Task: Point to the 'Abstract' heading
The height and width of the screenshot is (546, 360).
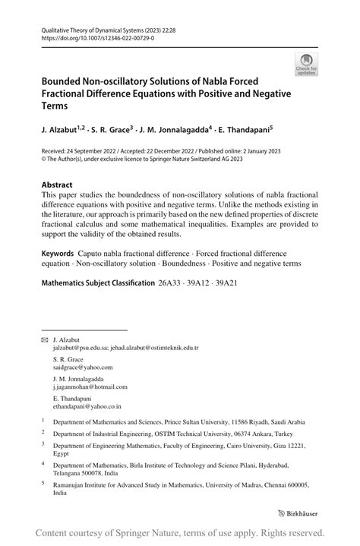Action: tap(57, 185)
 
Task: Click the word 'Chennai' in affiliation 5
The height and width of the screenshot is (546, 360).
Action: tap(272, 484)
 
